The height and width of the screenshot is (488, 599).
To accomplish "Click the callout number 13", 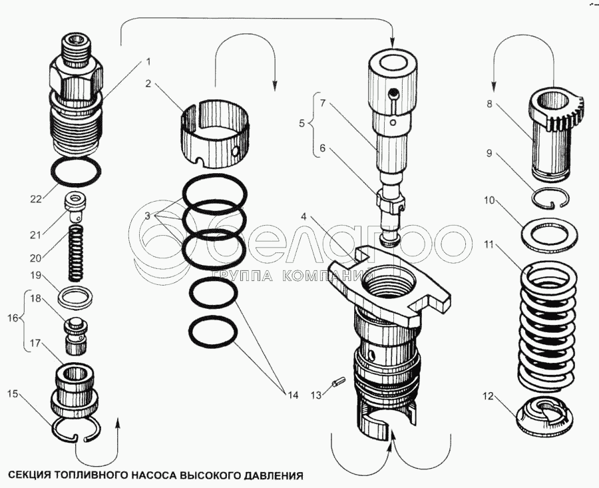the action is click(x=316, y=395).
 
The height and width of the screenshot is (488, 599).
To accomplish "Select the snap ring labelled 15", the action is click(x=77, y=430).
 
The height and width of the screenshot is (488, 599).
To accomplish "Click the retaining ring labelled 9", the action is click(x=551, y=198).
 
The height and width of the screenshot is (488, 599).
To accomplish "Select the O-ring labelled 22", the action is click(x=76, y=171).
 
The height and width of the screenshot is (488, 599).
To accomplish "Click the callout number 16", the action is click(x=13, y=318).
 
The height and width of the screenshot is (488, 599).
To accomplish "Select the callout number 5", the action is click(x=301, y=124).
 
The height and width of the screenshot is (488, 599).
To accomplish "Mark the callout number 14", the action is click(x=292, y=395).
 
